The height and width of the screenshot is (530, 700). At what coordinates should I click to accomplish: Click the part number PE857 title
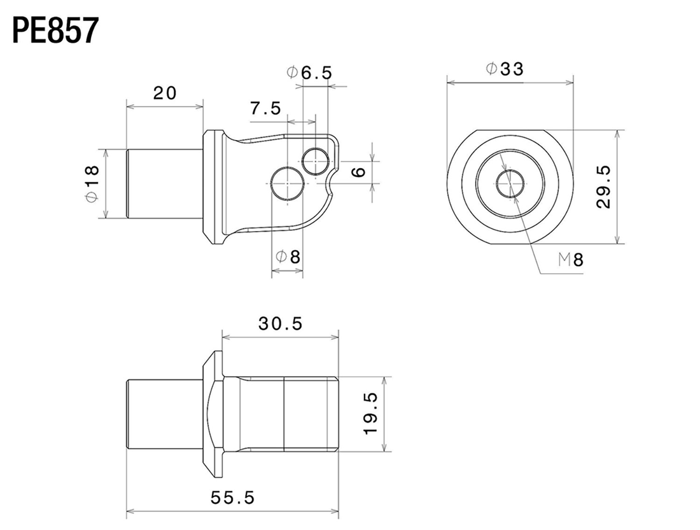tap(56, 30)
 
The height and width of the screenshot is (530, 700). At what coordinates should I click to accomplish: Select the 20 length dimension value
tap(165, 93)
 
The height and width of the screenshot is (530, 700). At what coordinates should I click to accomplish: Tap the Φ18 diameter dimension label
tap(92, 184)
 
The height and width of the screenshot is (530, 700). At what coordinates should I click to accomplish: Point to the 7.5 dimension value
tap(266, 108)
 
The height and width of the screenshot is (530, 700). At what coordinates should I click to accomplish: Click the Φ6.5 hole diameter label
tap(309, 73)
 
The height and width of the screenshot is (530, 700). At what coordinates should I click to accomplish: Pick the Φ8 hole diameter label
tap(287, 257)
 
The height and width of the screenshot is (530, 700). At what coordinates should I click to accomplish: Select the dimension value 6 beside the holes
tap(359, 172)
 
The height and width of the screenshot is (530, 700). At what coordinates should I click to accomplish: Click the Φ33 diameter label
tap(504, 69)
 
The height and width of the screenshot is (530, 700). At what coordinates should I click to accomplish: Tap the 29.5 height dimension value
tap(603, 187)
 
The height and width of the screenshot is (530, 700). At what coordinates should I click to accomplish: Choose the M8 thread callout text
tap(571, 260)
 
